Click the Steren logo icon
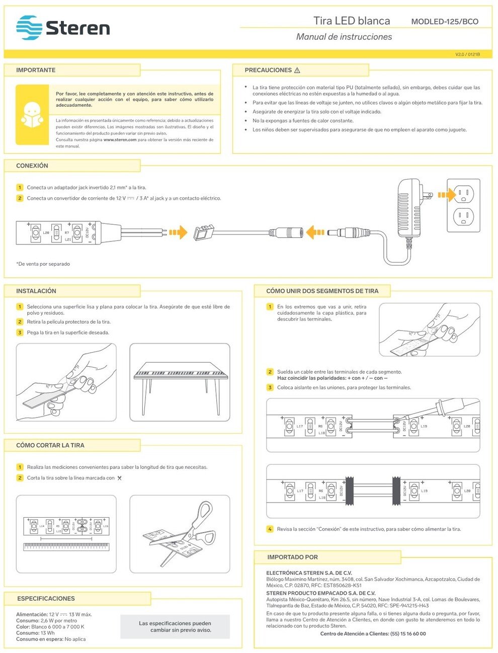29,28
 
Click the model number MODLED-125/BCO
445,22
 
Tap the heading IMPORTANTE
36,70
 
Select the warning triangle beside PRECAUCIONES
297,70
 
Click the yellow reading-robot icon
32,115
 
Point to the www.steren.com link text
120,140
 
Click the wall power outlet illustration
463,206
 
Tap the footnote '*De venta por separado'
43,264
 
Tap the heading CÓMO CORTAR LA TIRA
50,445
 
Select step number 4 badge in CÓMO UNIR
270,529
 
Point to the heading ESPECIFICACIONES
46,599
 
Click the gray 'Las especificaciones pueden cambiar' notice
175,626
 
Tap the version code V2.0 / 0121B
467,54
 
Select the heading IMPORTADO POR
292,557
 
